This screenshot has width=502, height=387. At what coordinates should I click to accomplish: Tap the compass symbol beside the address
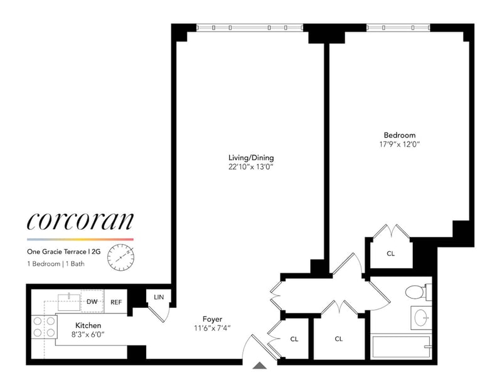(120, 257)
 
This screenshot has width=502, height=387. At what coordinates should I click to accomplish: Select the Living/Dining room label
(251, 157)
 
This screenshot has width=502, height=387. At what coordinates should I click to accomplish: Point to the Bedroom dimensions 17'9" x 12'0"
(400, 144)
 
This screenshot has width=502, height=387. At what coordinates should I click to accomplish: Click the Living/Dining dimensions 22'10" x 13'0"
(251, 166)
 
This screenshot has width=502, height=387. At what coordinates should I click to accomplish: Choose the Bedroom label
(400, 134)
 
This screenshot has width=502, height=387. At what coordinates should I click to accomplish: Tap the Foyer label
(212, 319)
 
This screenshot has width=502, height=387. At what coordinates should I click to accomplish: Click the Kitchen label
(88, 325)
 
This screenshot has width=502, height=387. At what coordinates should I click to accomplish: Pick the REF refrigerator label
(116, 302)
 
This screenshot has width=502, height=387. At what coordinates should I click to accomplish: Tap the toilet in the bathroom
(415, 292)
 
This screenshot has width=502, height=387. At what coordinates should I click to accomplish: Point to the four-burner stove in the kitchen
(43, 325)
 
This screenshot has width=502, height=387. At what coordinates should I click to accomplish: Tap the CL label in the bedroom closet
(390, 254)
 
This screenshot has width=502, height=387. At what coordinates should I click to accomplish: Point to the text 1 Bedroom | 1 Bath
(56, 263)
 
